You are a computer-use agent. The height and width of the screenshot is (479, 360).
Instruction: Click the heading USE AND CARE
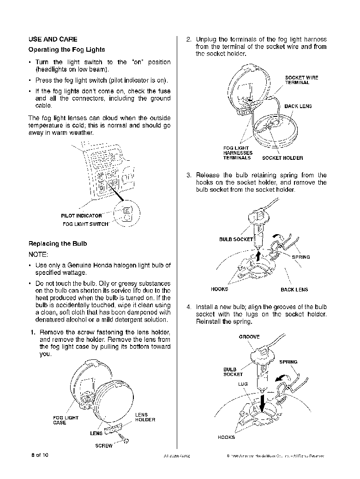coord(53,39)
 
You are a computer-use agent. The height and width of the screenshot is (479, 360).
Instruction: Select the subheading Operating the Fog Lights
coord(66,49)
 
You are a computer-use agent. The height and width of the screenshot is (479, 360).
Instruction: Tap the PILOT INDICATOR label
coord(81,216)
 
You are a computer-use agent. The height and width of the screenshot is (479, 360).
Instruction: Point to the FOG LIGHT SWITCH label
coord(85,224)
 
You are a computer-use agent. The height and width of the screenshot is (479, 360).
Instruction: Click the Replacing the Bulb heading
coord(58,243)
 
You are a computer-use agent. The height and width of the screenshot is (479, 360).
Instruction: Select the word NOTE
coord(38,254)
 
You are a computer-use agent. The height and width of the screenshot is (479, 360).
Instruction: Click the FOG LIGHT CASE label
coord(66,420)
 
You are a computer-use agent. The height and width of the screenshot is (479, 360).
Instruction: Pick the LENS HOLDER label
coord(145,417)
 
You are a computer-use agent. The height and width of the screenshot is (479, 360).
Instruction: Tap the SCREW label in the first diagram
coord(103,446)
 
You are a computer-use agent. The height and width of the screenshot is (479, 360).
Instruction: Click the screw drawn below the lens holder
coord(124,439)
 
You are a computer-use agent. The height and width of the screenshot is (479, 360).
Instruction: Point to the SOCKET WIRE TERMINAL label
coord(301,80)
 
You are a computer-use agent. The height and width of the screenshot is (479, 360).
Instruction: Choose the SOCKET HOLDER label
coord(282,158)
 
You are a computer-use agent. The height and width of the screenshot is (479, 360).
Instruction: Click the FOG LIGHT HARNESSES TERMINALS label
coord(238,153)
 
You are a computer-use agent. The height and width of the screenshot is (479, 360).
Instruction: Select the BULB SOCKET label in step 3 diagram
coord(236,239)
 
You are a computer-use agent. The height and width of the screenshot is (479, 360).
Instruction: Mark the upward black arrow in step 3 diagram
coord(259,254)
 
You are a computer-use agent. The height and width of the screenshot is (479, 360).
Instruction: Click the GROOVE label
coord(249,337)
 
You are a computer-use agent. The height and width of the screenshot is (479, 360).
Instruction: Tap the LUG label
coord(243,384)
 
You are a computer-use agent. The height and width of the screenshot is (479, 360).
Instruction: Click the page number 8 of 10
coord(40,455)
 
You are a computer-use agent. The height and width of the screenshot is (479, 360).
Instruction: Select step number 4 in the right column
coord(189,307)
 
